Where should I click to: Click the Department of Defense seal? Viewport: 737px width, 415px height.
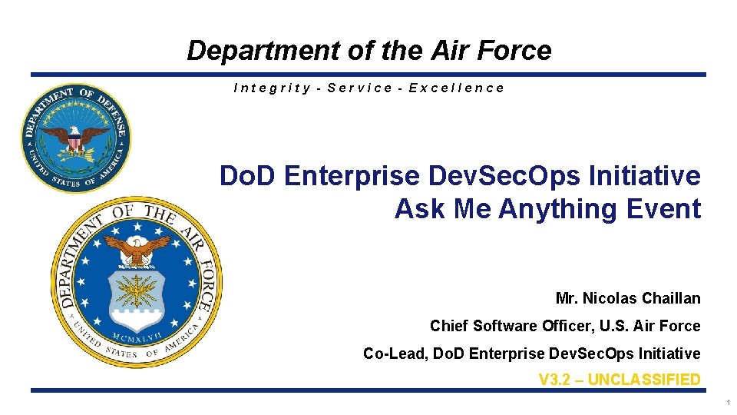[75, 138]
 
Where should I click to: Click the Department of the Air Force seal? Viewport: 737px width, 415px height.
[137, 281]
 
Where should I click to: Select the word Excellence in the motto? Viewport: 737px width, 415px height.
[457, 88]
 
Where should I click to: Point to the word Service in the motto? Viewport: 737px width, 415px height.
[360, 88]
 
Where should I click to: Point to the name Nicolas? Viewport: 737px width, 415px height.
[608, 298]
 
